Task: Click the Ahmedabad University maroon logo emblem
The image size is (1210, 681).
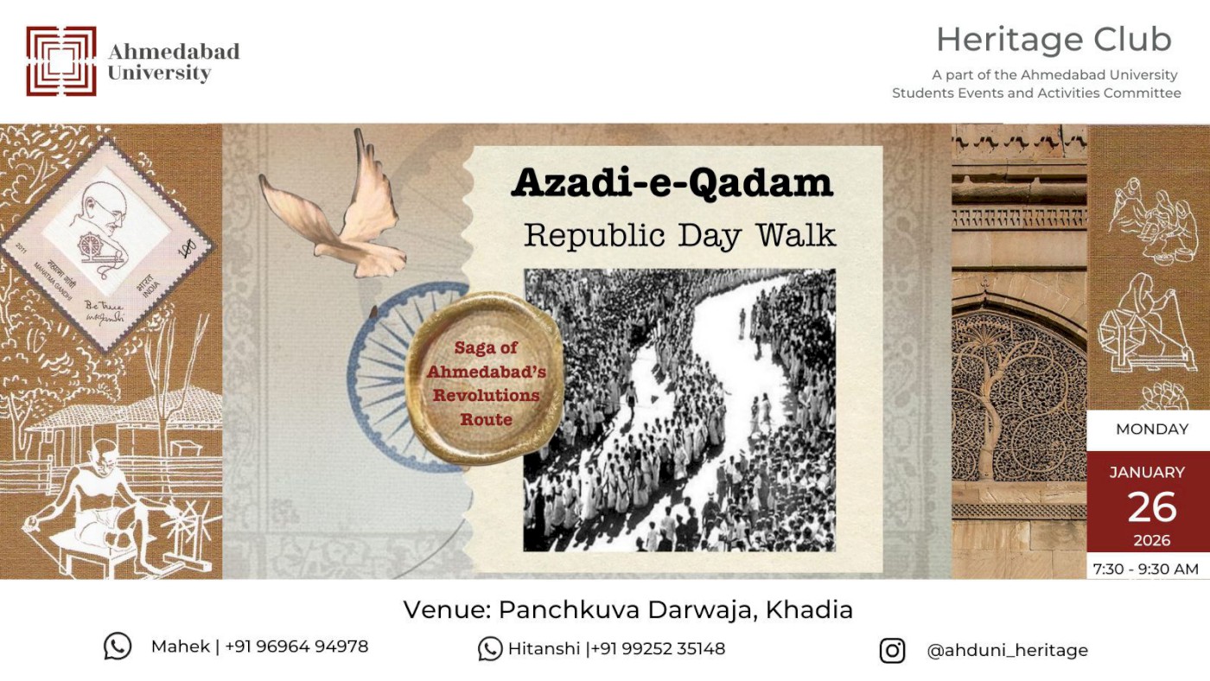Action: click(60, 60)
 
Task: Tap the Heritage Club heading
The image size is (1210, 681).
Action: click(1053, 40)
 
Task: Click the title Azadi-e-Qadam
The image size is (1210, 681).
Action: click(672, 182)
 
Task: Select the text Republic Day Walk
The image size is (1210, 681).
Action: click(679, 235)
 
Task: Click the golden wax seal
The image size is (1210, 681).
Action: click(485, 379)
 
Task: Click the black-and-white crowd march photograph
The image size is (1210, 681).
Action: click(679, 410)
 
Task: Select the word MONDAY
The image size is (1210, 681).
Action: click(1151, 430)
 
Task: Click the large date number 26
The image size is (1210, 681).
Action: click(1151, 507)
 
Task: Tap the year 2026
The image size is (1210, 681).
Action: click(1151, 541)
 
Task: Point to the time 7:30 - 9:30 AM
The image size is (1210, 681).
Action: click(1146, 569)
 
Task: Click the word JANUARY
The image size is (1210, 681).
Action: click(1147, 473)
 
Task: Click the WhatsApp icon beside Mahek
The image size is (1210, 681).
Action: click(118, 646)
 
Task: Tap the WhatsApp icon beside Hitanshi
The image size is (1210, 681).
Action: click(490, 649)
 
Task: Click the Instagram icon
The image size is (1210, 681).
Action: click(892, 650)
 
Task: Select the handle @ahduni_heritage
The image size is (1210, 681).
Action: click(1007, 650)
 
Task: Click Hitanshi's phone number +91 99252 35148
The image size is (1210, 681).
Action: click(658, 648)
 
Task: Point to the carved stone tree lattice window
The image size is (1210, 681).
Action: click(1018, 398)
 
